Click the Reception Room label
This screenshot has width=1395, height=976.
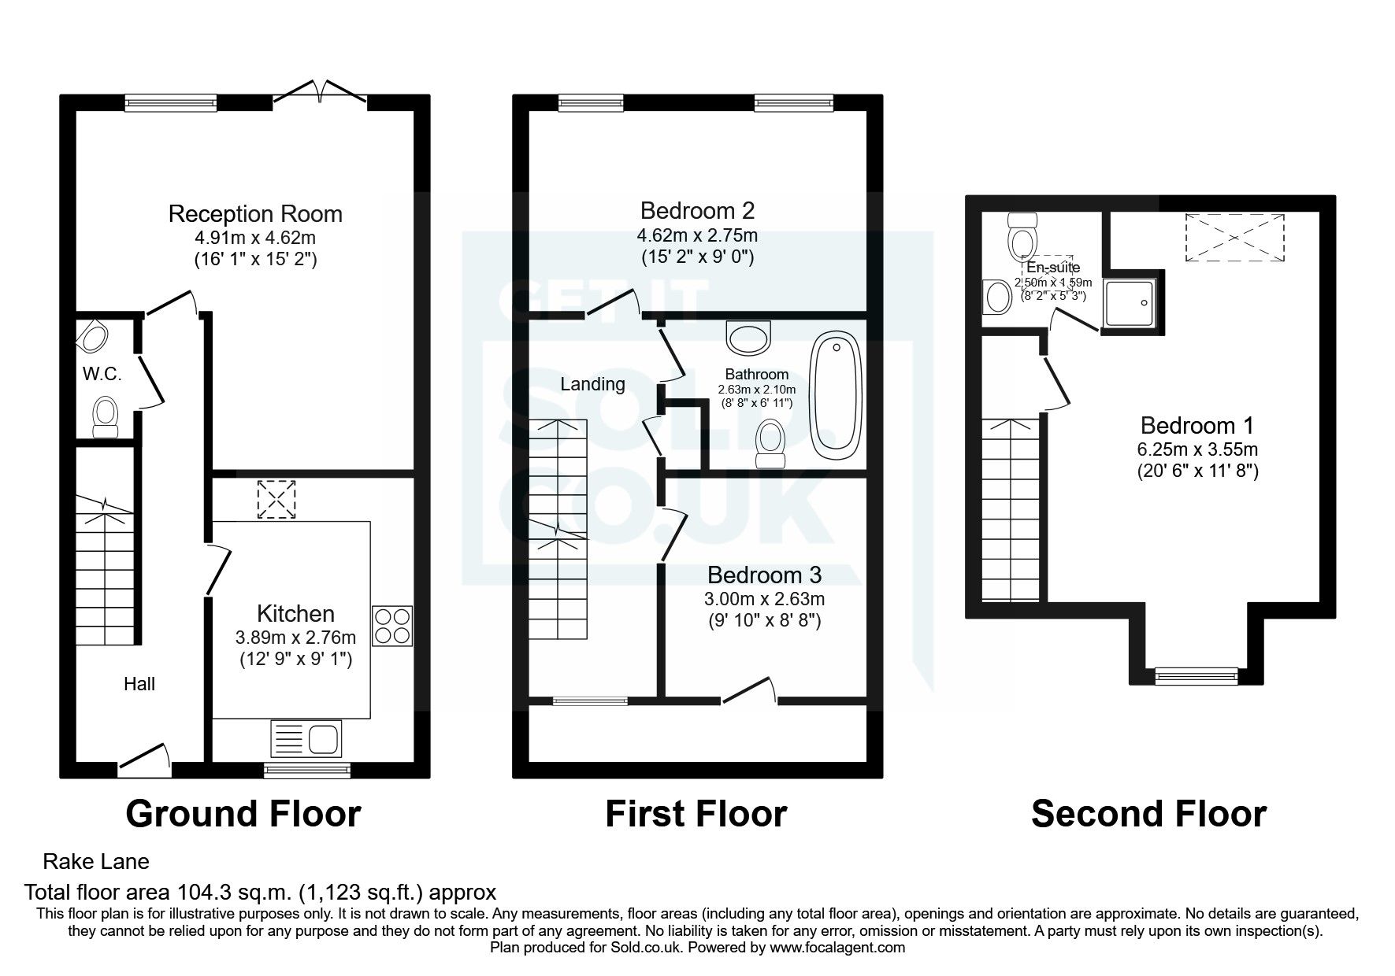255,213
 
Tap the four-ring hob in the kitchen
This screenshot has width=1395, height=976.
391,626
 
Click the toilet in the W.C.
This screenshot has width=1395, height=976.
105,415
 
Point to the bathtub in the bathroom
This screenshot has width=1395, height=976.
836,391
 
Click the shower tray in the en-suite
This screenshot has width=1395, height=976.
1132,302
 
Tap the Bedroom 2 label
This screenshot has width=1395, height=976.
697,210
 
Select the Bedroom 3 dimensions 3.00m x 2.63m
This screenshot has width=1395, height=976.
764,599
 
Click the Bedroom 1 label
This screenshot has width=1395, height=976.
1197,426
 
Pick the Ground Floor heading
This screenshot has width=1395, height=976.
243,814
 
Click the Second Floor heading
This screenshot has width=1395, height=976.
1148,814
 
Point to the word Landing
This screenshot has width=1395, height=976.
592,384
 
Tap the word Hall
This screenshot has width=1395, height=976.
139,684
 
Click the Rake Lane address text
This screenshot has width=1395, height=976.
96,862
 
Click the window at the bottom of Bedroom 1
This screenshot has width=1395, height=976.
1196,675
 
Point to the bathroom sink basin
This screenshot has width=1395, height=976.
750,338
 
